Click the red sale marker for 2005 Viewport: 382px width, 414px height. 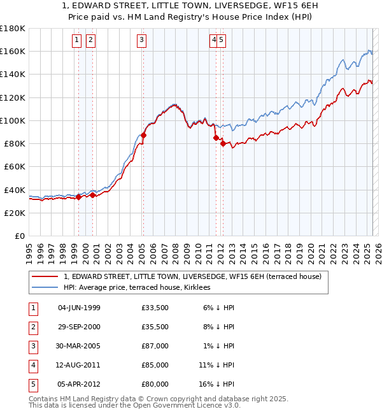[x=144, y=135]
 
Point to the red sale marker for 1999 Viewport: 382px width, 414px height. [x=78, y=197]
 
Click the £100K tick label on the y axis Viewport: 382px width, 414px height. [x=12, y=120]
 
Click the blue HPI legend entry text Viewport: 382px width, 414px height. [x=141, y=288]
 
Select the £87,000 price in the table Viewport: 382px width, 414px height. [x=155, y=346]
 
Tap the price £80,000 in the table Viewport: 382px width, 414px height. [x=155, y=384]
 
